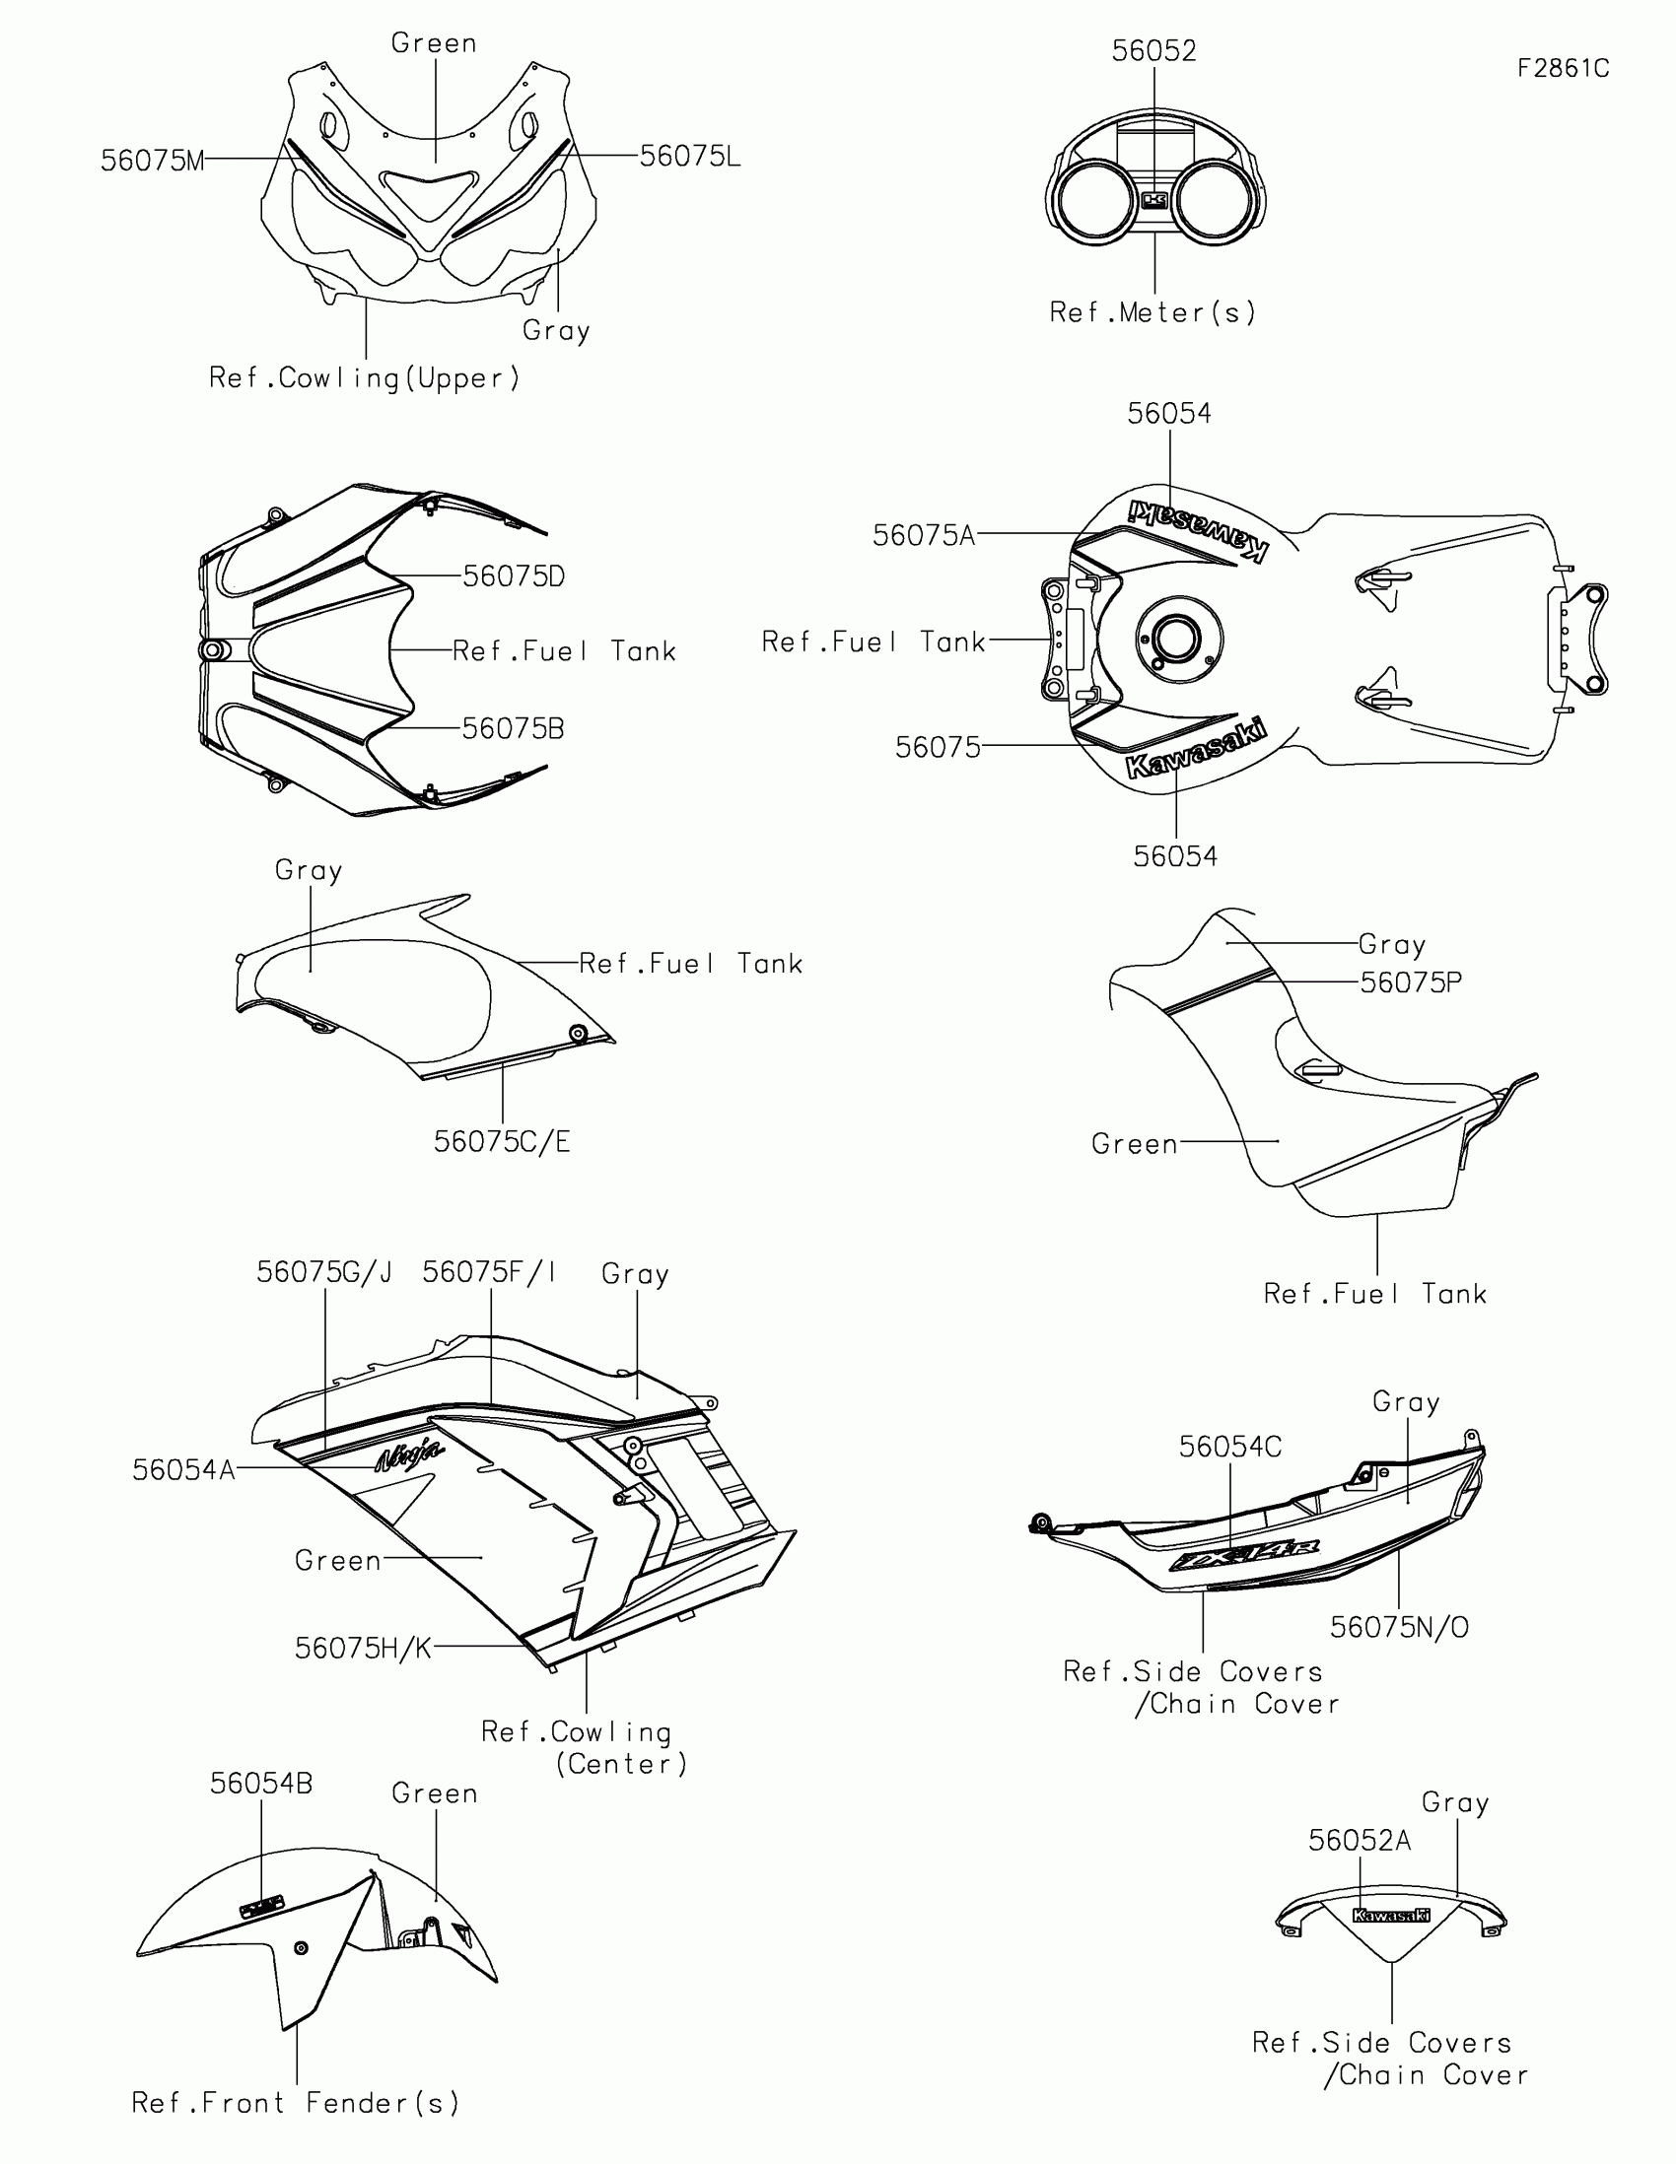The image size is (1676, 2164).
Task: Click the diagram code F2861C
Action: (x=1563, y=68)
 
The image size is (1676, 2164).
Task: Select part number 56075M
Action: (x=153, y=161)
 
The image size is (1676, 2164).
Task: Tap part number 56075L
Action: (x=690, y=157)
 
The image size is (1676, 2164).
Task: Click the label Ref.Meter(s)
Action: (x=1152, y=313)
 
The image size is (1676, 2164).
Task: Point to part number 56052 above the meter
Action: (x=1153, y=51)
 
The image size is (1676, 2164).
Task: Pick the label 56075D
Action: (x=514, y=576)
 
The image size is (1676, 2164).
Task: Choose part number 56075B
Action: (x=514, y=729)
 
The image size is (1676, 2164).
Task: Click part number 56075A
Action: (x=924, y=536)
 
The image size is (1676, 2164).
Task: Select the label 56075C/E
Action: (x=502, y=1142)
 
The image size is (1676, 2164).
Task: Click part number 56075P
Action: (x=1411, y=982)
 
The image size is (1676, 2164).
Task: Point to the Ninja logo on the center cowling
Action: (x=409, y=1455)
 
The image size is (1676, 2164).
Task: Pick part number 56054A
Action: (x=184, y=1470)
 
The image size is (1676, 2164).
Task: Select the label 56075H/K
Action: (x=363, y=1649)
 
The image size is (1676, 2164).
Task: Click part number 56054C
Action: (x=1230, y=1448)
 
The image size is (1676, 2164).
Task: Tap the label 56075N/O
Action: (x=1399, y=1628)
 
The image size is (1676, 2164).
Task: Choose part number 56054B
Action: (x=260, y=1785)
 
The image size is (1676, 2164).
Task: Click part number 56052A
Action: (x=1359, y=1841)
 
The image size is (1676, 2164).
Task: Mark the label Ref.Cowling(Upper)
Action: (x=364, y=378)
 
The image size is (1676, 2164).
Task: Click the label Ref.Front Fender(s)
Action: (x=296, y=2104)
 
